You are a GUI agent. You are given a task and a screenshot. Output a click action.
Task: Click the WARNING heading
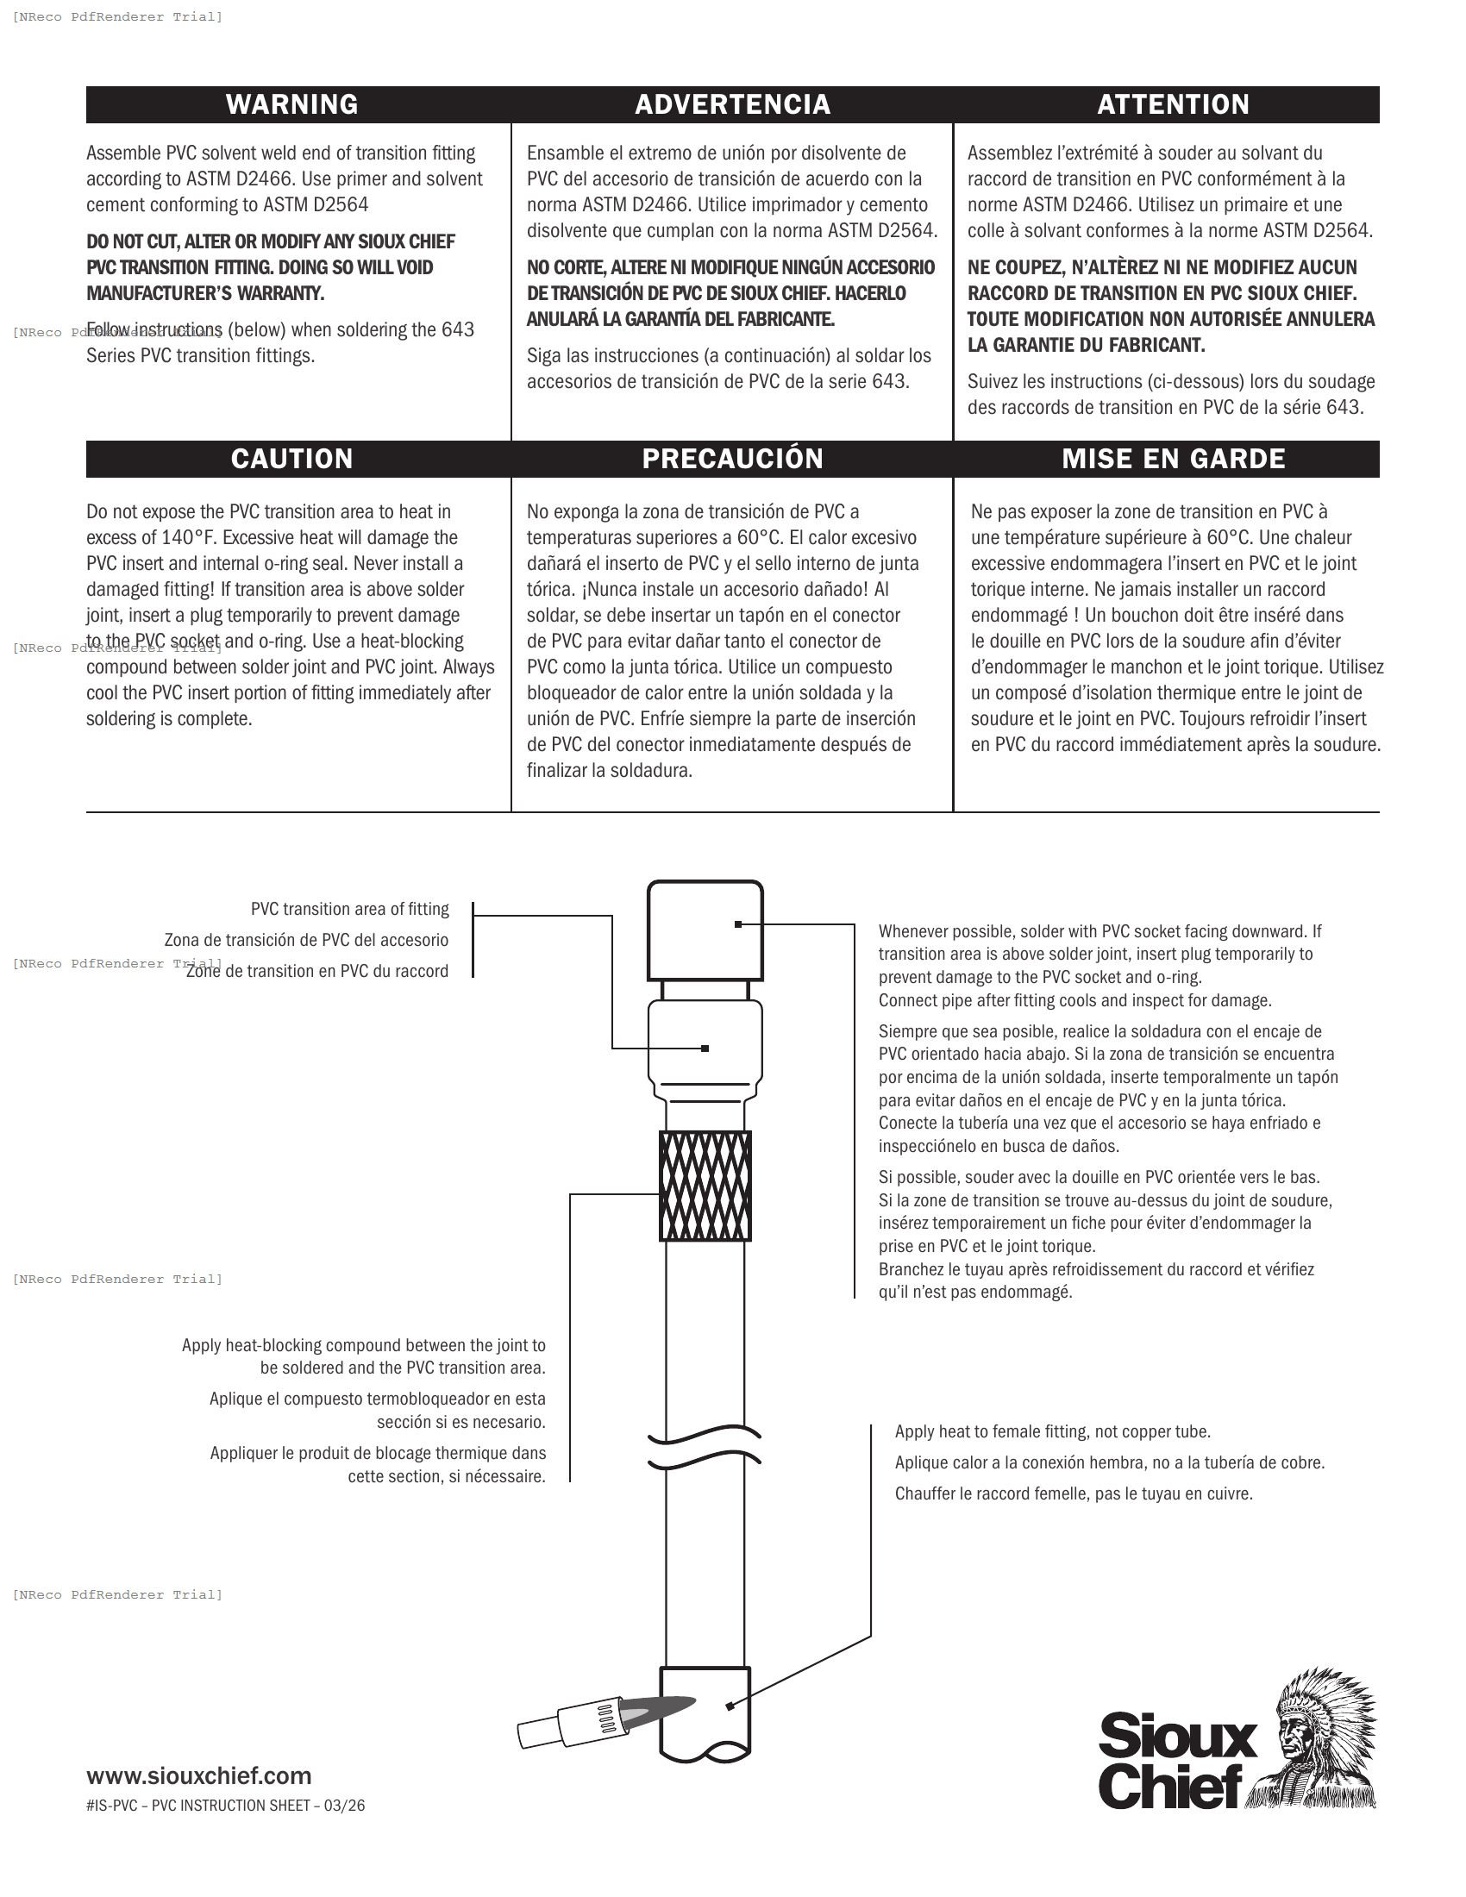291,104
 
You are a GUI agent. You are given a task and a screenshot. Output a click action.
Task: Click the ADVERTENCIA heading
732,104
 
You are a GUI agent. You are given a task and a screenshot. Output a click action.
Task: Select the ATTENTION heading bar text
1173,104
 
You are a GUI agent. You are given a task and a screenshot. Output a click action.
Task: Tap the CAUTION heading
291,459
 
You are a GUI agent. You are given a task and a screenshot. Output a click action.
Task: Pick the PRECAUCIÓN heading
732,459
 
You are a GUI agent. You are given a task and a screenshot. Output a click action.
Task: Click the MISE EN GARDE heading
1173,459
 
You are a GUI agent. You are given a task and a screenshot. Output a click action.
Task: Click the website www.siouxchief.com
199,1775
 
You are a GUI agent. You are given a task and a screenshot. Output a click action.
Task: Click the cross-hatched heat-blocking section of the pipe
705,1186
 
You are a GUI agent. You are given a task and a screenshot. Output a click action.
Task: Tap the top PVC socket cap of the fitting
705,930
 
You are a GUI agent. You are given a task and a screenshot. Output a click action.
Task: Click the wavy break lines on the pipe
705,1446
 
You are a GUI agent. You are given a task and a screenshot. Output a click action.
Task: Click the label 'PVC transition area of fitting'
349,910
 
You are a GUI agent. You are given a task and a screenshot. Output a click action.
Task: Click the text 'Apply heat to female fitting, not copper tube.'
1052,1431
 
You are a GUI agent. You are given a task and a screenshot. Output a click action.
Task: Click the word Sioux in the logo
1177,1737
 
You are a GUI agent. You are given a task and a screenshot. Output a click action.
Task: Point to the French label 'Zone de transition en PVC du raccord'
317,971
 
